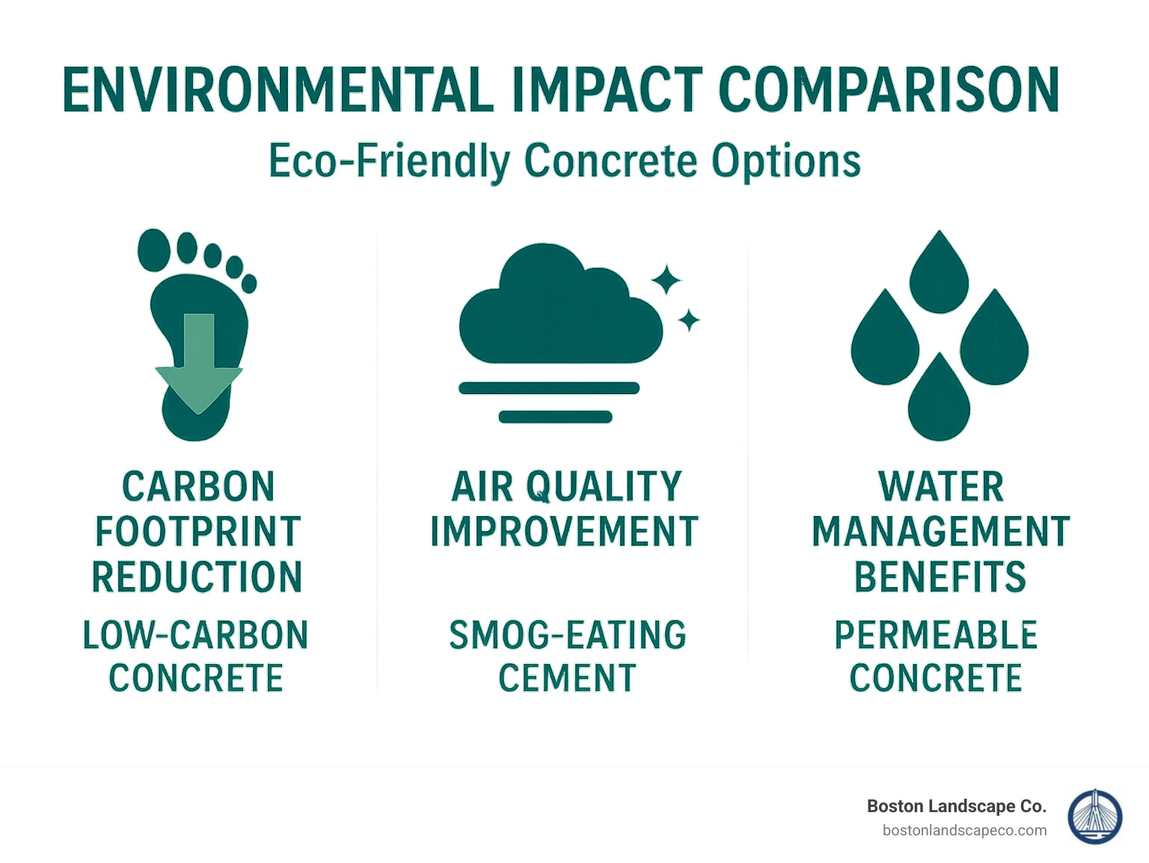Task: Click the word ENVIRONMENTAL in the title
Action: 278,90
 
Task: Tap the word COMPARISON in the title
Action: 889,90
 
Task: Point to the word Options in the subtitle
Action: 785,161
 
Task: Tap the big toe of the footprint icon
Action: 154,250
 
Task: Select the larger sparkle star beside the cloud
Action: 665,280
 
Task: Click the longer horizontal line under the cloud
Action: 548,387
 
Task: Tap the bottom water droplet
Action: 939,400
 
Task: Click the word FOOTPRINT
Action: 197,532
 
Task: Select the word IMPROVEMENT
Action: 564,532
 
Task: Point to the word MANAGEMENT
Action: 940,532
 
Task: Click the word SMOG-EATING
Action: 567,636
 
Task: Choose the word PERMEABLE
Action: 936,636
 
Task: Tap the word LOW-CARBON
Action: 195,636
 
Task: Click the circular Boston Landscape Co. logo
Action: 1094,817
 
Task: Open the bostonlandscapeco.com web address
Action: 964,830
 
